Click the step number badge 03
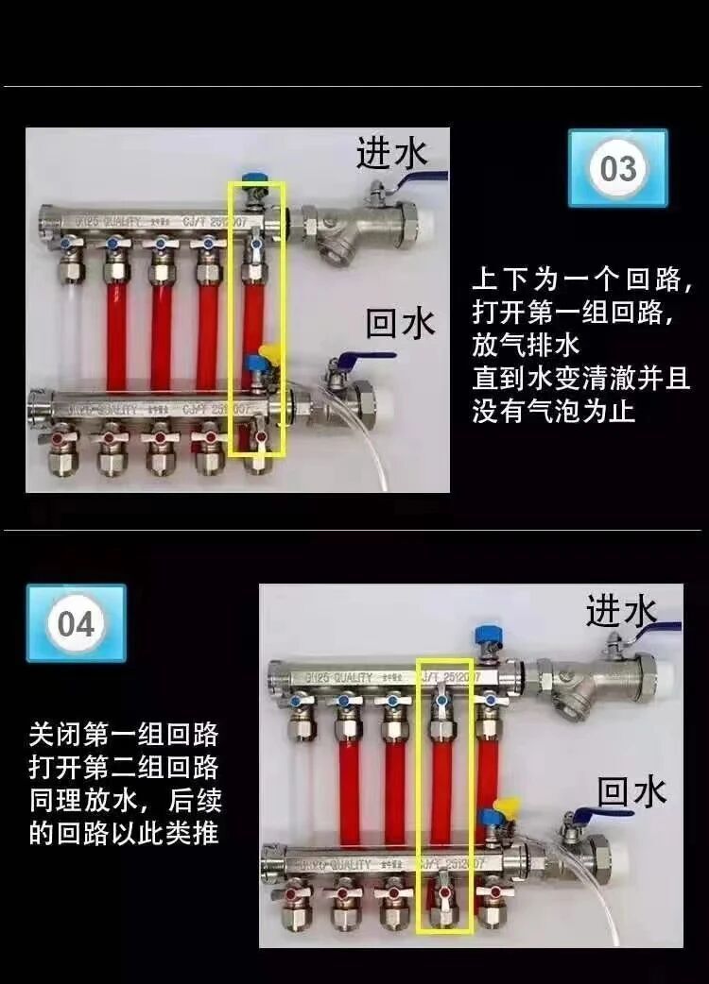click(x=618, y=169)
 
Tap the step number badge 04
click(x=76, y=624)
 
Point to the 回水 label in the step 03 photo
click(x=401, y=324)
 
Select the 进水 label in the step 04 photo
click(x=620, y=611)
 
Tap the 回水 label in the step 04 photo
click(x=631, y=791)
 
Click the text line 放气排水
click(x=526, y=344)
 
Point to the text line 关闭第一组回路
click(x=124, y=734)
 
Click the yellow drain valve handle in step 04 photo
click(x=506, y=806)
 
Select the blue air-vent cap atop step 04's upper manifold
click(x=487, y=632)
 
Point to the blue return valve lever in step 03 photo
click(x=359, y=359)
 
